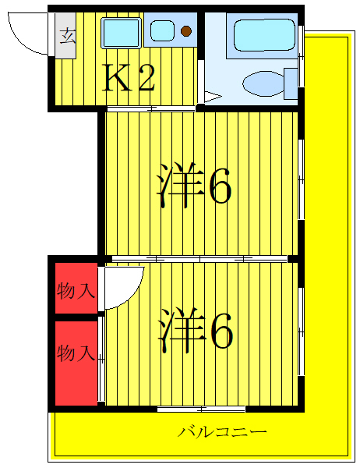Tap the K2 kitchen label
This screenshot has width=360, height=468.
click(130, 78)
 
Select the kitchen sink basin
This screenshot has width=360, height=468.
click(121, 32)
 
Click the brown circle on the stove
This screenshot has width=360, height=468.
click(186, 31)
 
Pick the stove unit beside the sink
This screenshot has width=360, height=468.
click(172, 31)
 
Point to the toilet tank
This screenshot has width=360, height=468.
click(291, 81)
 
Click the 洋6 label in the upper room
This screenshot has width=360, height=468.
click(195, 186)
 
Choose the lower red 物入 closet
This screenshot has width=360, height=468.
click(76, 355)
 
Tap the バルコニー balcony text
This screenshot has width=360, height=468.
click(222, 431)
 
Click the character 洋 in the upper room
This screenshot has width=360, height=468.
click(175, 186)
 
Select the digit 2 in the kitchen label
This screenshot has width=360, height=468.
click(146, 78)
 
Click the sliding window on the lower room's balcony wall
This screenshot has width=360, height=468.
click(201, 409)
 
